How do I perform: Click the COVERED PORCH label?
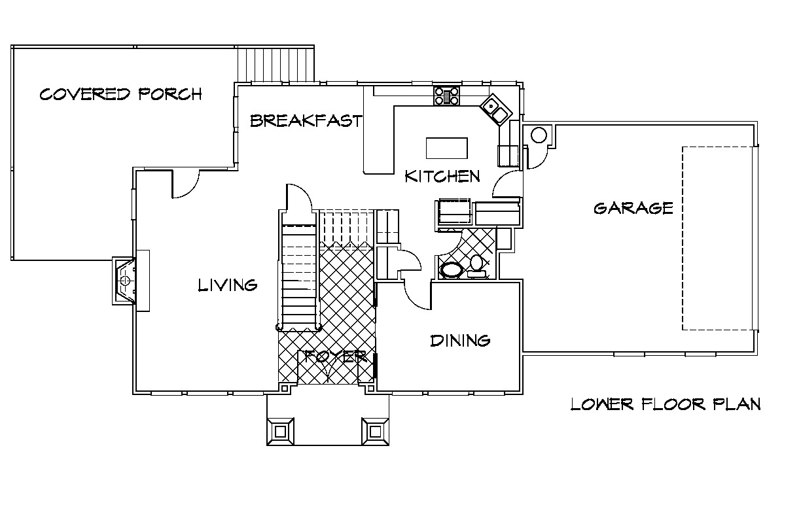click(x=121, y=94)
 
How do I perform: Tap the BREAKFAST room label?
click(x=306, y=120)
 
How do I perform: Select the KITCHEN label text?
click(x=442, y=176)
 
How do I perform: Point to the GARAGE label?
click(x=633, y=208)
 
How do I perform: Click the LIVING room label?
click(x=228, y=285)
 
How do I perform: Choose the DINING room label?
click(x=460, y=341)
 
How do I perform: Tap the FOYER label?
click(x=336, y=356)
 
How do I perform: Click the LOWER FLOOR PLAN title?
click(x=666, y=404)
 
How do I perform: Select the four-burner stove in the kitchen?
click(x=446, y=95)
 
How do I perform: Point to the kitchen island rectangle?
click(x=446, y=148)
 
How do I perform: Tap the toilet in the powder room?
click(x=476, y=266)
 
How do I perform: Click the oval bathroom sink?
click(x=452, y=270)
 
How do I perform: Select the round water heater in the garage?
click(x=539, y=136)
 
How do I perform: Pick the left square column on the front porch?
click(x=280, y=432)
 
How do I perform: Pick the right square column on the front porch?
click(x=375, y=432)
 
